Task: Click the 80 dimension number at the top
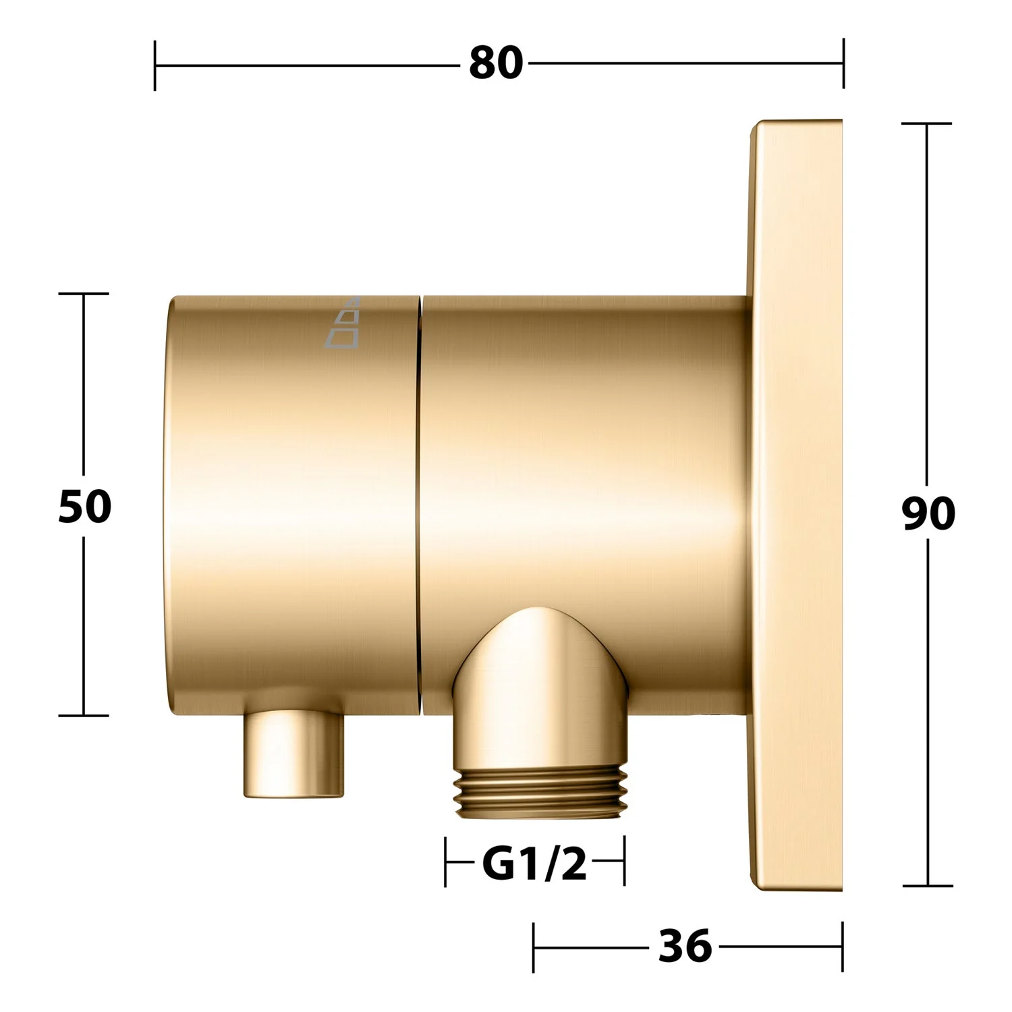click(x=496, y=63)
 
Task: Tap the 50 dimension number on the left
click(x=84, y=506)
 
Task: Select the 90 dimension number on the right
click(x=928, y=513)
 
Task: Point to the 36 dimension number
click(x=685, y=946)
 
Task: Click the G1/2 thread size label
click(x=534, y=864)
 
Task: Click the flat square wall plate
click(x=796, y=506)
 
